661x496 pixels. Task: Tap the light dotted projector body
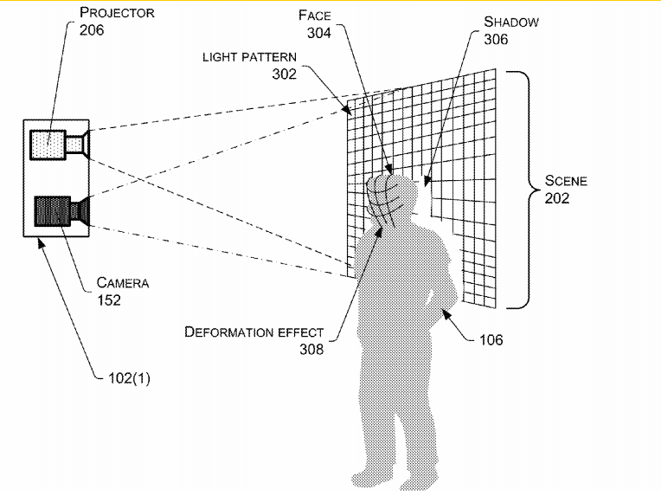(x=47, y=144)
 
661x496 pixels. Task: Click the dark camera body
(x=51, y=211)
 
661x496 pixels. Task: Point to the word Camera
(x=122, y=283)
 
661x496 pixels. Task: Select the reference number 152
(x=109, y=300)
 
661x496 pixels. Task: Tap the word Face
(x=314, y=16)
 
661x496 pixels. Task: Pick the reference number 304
(x=318, y=33)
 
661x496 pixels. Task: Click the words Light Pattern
(x=249, y=56)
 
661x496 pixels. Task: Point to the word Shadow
(x=510, y=22)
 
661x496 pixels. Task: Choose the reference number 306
(x=496, y=39)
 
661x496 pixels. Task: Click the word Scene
(x=566, y=181)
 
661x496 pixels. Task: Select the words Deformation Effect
(x=253, y=332)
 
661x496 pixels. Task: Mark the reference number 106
(x=491, y=339)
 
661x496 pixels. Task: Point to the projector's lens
(x=79, y=143)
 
